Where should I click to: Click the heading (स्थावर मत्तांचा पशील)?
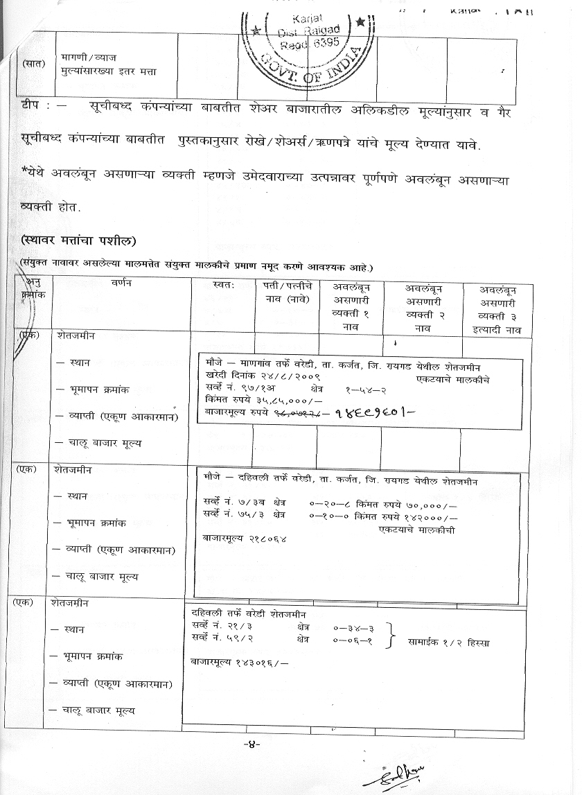pyautogui.click(x=78, y=241)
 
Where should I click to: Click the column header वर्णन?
pyautogui.click(x=120, y=283)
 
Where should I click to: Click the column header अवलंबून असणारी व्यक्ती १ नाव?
pyautogui.click(x=351, y=308)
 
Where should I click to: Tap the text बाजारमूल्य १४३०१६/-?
pyautogui.click(x=239, y=662)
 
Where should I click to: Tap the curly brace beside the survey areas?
pyautogui.click(x=393, y=634)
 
